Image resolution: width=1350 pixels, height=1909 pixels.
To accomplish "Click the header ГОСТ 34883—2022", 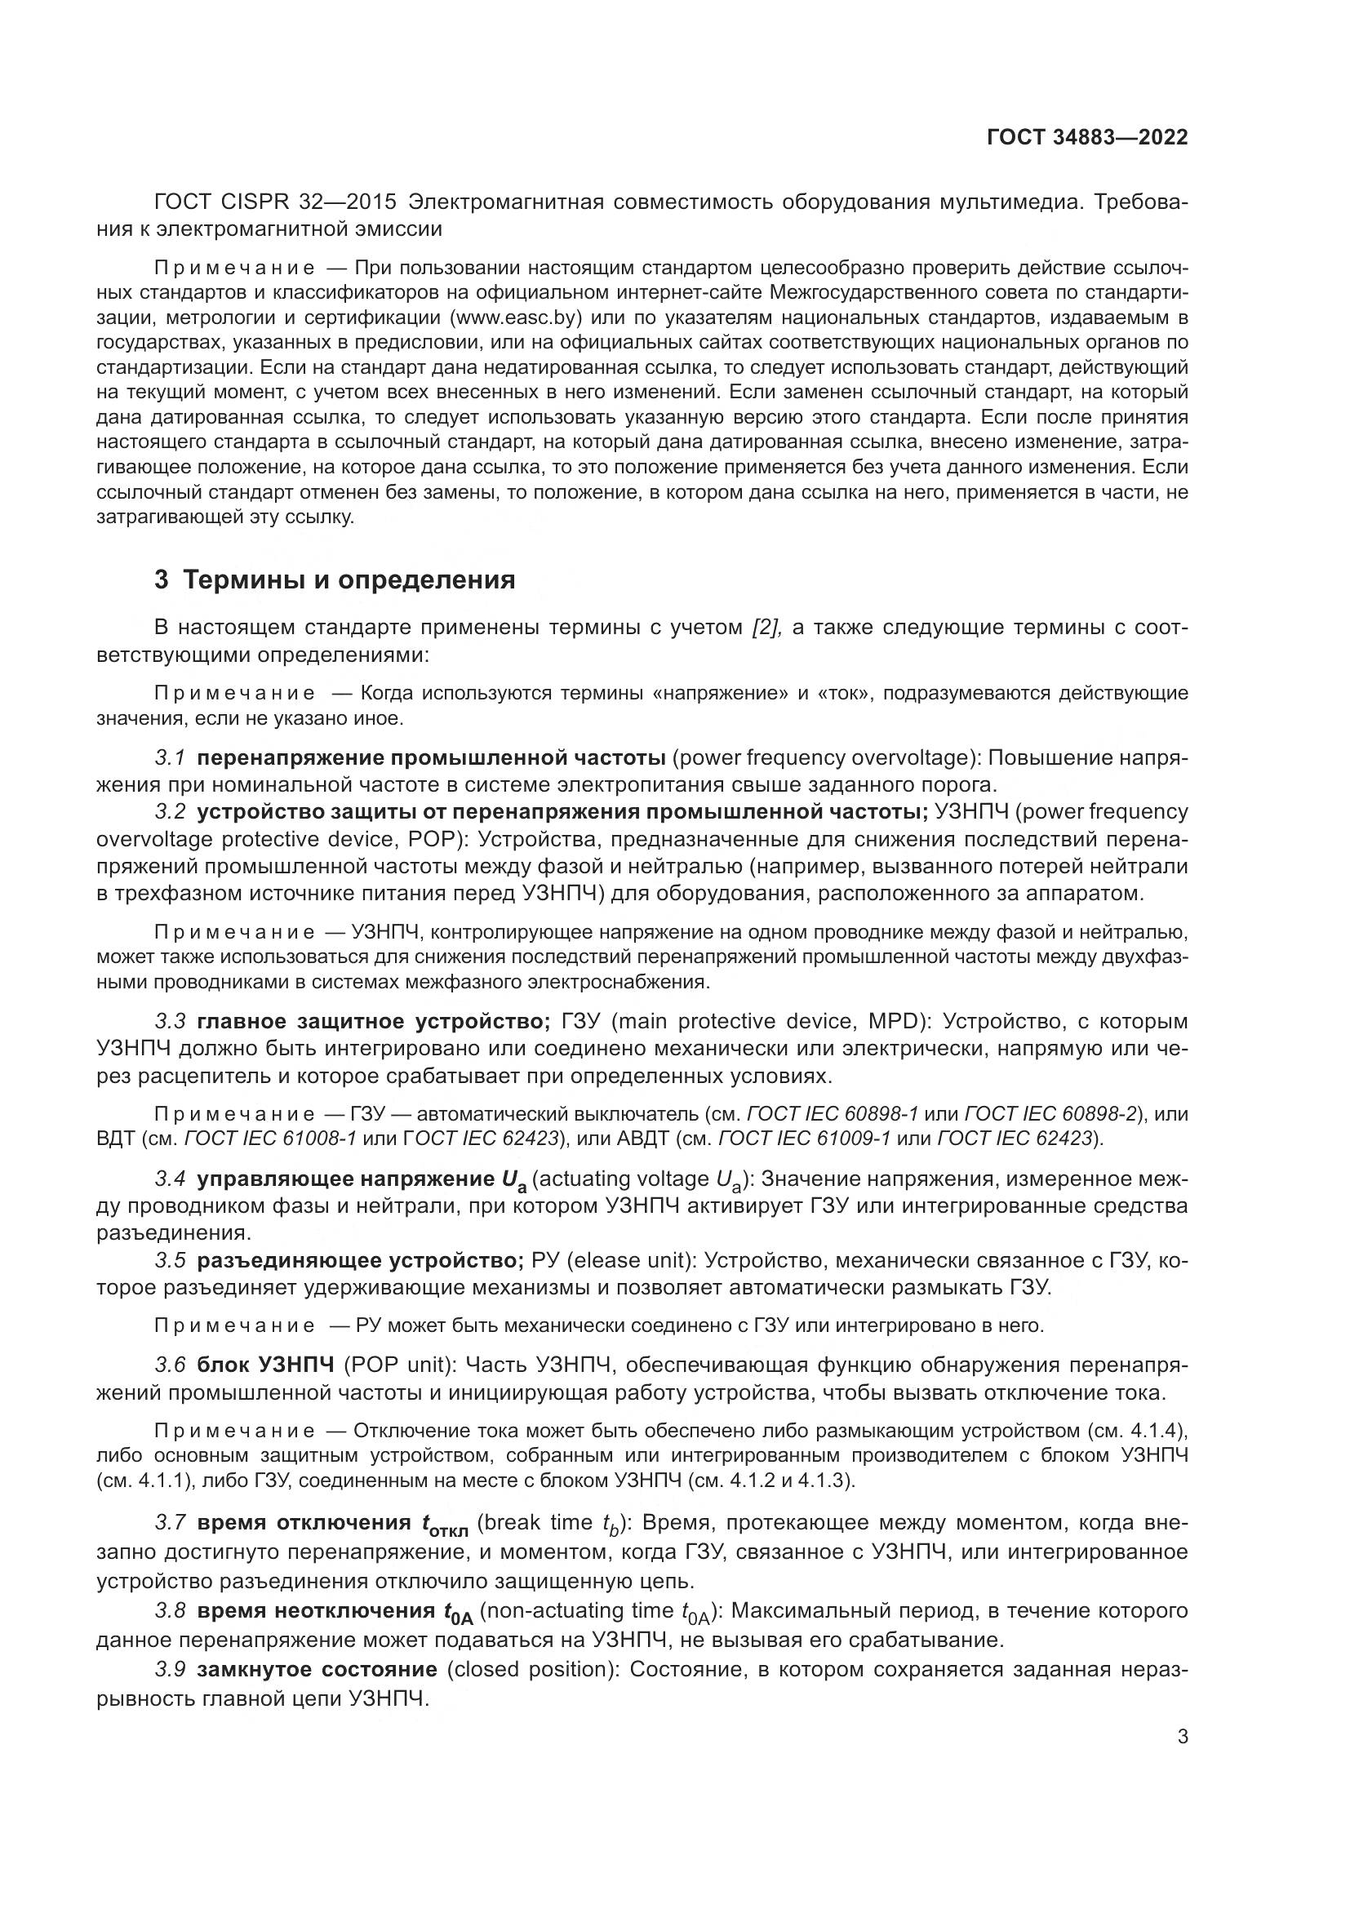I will click(1086, 137).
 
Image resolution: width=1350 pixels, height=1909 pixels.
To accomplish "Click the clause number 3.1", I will click(170, 757).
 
